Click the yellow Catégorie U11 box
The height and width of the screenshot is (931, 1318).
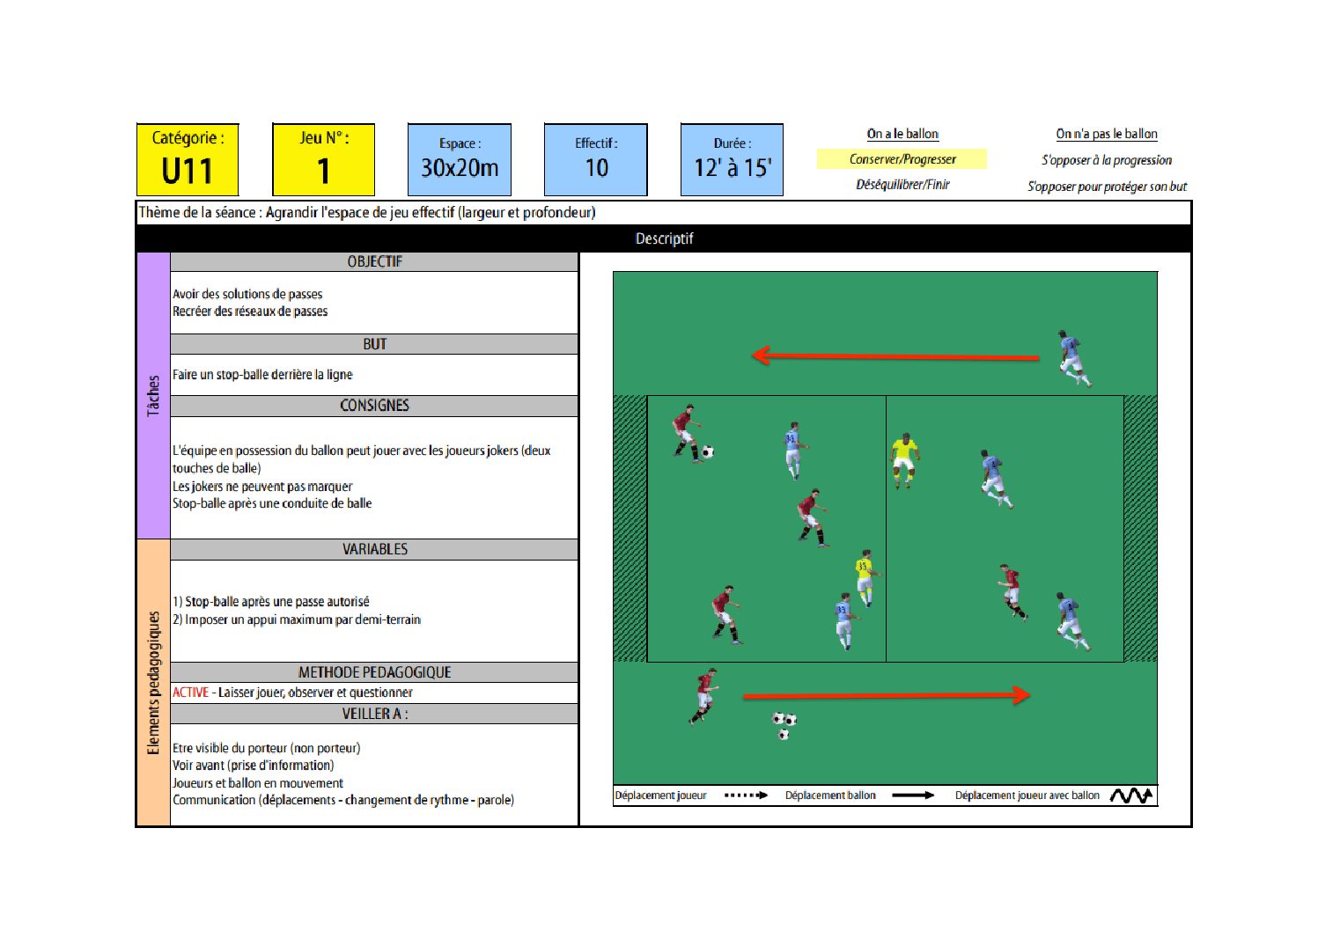pos(188,159)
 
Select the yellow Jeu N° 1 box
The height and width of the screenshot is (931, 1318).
pos(324,159)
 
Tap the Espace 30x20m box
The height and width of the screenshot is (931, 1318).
pos(460,159)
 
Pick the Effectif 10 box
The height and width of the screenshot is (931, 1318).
pos(596,159)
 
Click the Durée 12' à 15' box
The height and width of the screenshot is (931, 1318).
pos(732,159)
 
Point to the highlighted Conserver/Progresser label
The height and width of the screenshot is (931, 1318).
pos(902,159)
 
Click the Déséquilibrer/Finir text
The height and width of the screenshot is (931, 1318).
pos(902,185)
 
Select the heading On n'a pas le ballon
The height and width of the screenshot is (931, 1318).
pos(1106,134)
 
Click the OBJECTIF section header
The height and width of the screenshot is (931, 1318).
pos(374,261)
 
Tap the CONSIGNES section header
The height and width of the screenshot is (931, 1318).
pos(374,406)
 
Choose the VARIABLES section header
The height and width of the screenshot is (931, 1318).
pos(374,549)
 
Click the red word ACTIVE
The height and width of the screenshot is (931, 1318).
pos(191,693)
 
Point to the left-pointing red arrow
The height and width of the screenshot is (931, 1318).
pos(895,356)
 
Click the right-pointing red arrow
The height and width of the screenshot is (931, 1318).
pos(887,696)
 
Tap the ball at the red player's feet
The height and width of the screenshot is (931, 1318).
pos(708,451)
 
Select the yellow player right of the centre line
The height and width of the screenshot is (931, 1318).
pos(904,461)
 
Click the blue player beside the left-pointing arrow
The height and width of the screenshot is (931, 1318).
pos(1074,358)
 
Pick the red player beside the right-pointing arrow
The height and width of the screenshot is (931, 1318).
pos(703,696)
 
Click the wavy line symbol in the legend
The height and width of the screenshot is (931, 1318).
pos(1130,795)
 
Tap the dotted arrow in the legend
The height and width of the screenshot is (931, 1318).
pos(746,795)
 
